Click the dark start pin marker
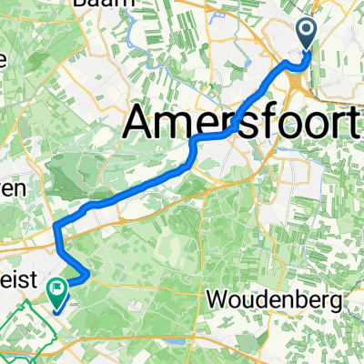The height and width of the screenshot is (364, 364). [x=305, y=34]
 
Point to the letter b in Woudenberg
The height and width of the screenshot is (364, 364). [x=293, y=299]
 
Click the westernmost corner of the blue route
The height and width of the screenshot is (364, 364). [x=56, y=225]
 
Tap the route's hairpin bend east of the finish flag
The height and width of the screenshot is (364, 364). [x=86, y=274]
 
